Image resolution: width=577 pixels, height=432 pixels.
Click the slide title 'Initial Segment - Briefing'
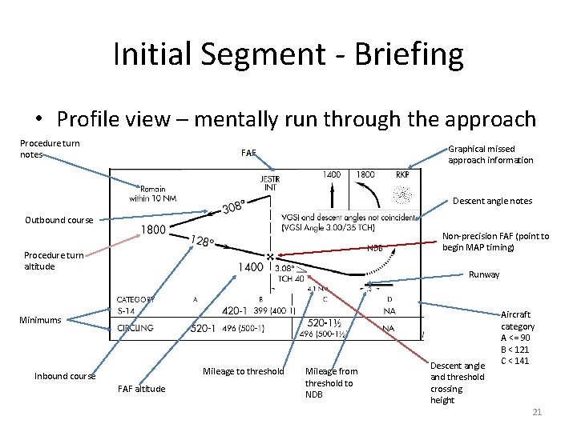[x=288, y=54]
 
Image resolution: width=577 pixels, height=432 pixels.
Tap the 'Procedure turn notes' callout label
[x=50, y=149]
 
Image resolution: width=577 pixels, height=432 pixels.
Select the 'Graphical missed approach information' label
[x=490, y=154]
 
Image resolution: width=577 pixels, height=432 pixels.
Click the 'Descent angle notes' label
[x=492, y=201]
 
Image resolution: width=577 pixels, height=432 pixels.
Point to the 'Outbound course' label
[x=59, y=220]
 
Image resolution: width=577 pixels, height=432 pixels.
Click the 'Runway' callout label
[x=484, y=274]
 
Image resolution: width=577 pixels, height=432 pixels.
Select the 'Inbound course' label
[x=65, y=376]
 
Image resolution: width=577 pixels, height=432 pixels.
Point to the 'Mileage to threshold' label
[x=243, y=371]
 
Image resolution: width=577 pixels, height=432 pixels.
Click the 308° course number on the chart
[x=234, y=208]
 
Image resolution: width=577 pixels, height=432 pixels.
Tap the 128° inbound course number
[x=202, y=240]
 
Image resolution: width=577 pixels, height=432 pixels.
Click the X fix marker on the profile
[x=270, y=257]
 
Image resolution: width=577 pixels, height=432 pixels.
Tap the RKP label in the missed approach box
[x=402, y=174]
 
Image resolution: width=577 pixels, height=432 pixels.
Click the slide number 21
[x=536, y=411]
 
